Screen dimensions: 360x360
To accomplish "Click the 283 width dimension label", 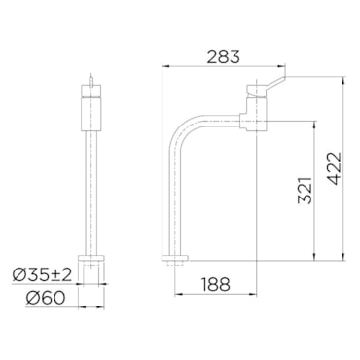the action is [x=224, y=56].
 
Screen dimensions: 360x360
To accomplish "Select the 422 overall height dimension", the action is [x=334, y=168].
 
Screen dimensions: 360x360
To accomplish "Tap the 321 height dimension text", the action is [x=306, y=191].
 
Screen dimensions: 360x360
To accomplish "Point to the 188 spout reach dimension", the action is [x=216, y=285].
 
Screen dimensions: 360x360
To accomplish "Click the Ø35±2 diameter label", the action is [x=42, y=275].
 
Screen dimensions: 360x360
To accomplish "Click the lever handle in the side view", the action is [x=274, y=82].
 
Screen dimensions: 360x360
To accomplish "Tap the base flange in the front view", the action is [x=91, y=259].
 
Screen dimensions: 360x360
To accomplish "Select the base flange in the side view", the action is [x=174, y=258].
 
